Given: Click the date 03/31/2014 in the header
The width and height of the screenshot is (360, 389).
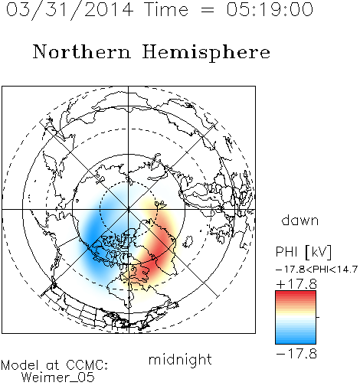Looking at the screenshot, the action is tap(70, 10).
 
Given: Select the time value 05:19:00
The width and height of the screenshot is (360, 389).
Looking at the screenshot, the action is tap(270, 9).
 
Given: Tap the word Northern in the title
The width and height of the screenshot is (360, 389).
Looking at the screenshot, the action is tap(82, 51).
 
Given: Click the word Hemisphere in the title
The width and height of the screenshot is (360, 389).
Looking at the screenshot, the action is tap(206, 53).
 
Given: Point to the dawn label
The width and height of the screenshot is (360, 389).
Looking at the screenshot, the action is tap(300, 221).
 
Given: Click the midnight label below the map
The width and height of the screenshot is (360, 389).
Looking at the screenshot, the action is tap(180, 360).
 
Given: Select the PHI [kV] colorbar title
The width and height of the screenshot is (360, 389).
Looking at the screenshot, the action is tap(303, 252).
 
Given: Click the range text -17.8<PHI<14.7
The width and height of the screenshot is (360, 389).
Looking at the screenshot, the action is tap(316, 270).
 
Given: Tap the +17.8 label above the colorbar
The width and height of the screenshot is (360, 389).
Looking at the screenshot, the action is tap(296, 284).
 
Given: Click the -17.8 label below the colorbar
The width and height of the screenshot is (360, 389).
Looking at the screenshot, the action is tap(296, 354).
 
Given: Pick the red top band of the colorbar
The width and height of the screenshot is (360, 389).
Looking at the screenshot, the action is tap(296, 295).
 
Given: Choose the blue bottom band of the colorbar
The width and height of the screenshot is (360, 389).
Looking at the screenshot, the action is tap(296, 340).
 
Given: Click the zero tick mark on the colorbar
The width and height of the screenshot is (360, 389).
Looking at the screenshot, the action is tap(318, 317).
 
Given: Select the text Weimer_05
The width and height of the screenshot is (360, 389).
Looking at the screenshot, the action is tap(58, 378).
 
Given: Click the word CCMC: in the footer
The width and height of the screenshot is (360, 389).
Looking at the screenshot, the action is tap(87, 365).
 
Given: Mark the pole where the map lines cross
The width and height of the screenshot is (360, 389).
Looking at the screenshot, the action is tap(129, 209).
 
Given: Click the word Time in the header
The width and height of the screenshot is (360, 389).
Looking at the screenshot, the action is tap(166, 9).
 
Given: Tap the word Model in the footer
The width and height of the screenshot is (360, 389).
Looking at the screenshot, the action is tap(20, 365).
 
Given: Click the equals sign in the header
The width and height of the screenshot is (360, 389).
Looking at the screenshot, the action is tap(208, 10).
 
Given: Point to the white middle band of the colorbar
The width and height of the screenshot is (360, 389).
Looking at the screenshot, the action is tap(296, 317).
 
